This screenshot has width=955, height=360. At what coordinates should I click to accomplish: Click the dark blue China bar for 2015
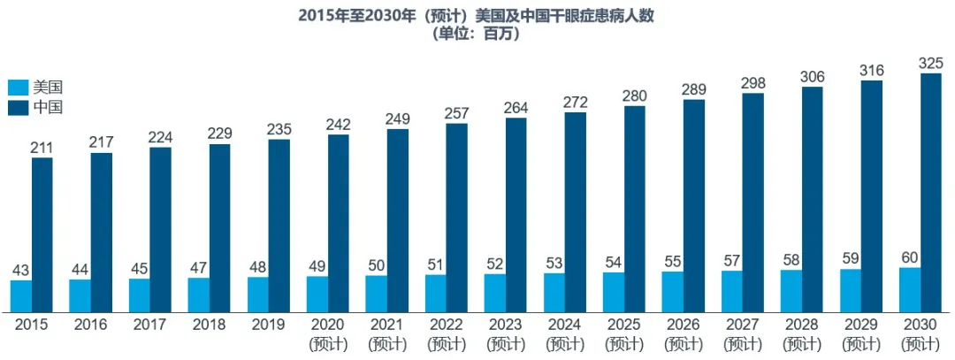(x=42, y=234)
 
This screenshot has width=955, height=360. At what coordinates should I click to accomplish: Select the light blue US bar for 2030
(x=909, y=288)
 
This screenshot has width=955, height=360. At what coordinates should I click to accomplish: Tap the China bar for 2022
(x=457, y=217)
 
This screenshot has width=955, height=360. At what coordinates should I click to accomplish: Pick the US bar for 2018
(x=199, y=294)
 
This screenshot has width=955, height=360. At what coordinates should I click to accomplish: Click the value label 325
(x=930, y=64)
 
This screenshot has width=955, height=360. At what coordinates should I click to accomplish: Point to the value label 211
(x=42, y=147)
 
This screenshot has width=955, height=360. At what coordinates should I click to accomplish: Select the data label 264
(x=516, y=107)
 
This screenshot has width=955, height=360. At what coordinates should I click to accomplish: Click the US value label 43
(x=21, y=270)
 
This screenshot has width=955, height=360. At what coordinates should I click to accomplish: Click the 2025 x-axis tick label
(x=624, y=325)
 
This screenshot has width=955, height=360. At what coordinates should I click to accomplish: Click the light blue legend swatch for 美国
(x=18, y=88)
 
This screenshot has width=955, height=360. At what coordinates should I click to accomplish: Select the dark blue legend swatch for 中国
(x=18, y=108)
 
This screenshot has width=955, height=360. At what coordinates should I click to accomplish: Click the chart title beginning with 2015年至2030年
(x=477, y=15)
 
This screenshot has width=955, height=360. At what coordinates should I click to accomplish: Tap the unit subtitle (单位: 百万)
(x=477, y=34)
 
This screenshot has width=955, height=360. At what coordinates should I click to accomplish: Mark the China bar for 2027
(x=753, y=202)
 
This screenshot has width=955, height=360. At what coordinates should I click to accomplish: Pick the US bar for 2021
(x=377, y=293)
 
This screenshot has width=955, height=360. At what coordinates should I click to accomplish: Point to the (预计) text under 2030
(x=920, y=343)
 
